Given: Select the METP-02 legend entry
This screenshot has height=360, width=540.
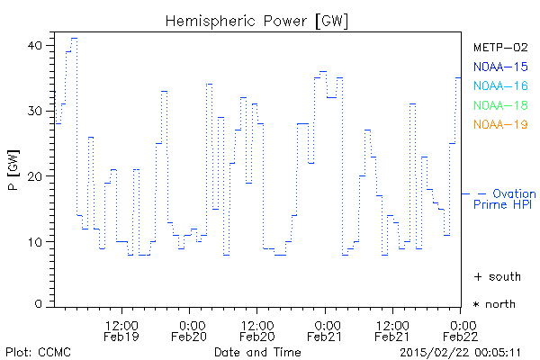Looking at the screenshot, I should point(500,47).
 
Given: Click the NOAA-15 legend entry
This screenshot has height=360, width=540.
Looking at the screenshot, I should point(500,67).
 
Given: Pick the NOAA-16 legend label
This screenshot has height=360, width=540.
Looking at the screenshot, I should point(500,85).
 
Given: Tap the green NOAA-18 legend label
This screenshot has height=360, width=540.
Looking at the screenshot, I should point(500,105).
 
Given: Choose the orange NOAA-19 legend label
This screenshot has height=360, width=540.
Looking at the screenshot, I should point(500,124).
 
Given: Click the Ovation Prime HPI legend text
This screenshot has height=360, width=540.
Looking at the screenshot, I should point(504,199).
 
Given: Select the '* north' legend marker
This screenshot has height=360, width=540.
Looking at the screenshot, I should point(495,304).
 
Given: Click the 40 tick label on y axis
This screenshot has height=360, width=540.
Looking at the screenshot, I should point(36,45).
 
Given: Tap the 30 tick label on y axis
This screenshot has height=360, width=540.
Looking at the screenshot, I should point(36,111).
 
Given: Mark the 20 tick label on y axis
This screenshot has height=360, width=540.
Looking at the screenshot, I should point(36,176).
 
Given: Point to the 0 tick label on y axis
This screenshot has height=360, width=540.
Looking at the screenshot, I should point(39,305).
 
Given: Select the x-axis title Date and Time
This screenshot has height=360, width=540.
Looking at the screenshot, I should point(257,351).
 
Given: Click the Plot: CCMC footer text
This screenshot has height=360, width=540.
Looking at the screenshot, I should point(38,351).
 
